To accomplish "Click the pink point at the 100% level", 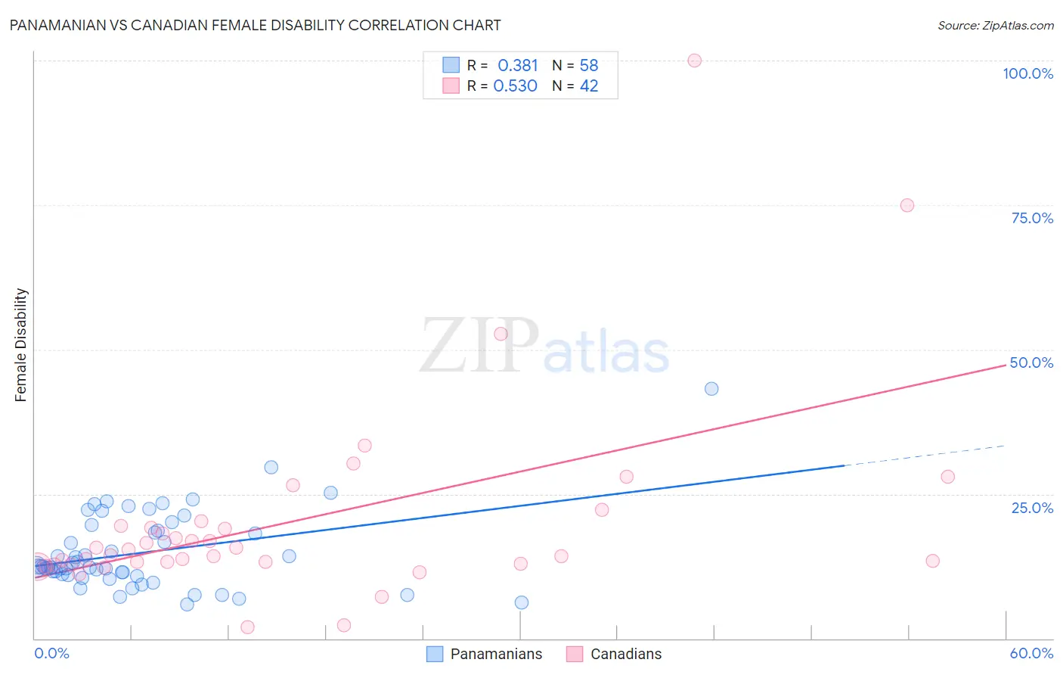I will click(x=695, y=61).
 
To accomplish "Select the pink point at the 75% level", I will click(x=907, y=205).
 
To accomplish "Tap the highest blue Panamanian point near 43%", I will click(x=711, y=389).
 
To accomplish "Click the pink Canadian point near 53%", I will click(x=501, y=334).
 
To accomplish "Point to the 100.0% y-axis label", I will click(x=1027, y=73).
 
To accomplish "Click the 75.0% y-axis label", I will click(x=1032, y=218).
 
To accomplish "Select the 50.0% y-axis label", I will click(x=1031, y=362).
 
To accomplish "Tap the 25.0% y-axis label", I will click(x=1032, y=507).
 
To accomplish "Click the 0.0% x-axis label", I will click(x=51, y=653).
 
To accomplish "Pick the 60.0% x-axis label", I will click(x=1031, y=653).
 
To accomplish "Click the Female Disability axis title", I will click(x=21, y=345).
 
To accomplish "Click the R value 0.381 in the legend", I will click(x=518, y=66).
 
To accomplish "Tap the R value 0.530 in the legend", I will click(x=516, y=86).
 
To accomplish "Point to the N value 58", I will click(x=589, y=66).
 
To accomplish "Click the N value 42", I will click(x=589, y=86).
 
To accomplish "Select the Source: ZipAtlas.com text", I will click(x=995, y=26).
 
